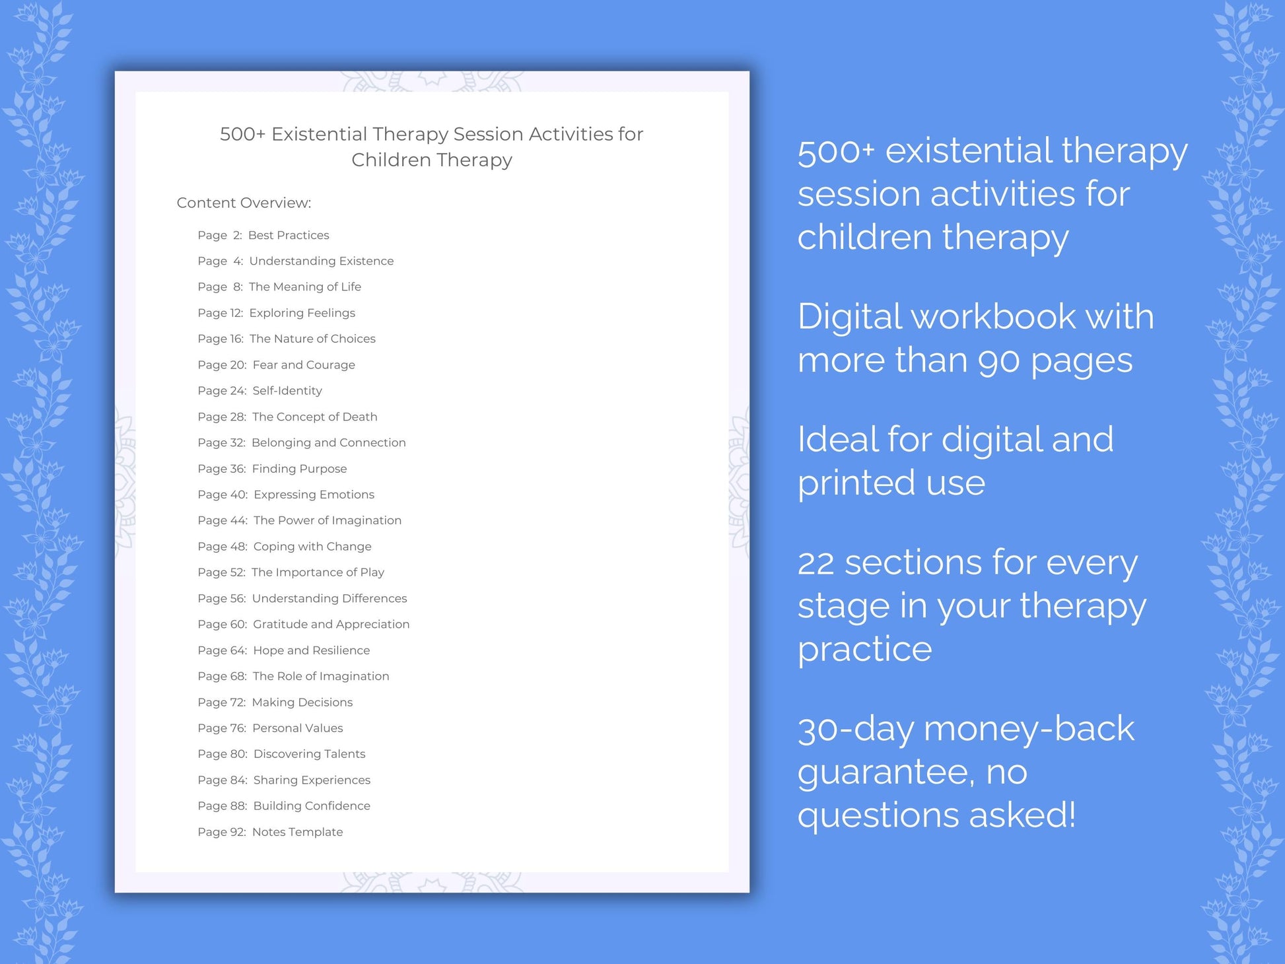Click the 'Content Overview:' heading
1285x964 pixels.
(244, 203)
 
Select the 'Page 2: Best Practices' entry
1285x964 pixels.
(263, 235)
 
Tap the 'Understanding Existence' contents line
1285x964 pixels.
(295, 261)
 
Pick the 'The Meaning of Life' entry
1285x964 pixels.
(279, 287)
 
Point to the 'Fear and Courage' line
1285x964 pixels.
(276, 364)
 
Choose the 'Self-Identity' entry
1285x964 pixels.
(260, 390)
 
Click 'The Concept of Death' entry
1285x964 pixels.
(287, 417)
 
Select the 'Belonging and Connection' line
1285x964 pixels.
(301, 442)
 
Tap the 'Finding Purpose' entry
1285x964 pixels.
(272, 469)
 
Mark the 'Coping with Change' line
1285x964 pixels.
(284, 547)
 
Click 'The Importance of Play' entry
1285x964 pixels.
(291, 572)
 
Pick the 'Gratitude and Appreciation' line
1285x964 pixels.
(303, 624)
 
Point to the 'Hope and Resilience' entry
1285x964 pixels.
(283, 650)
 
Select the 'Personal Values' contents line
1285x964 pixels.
(270, 728)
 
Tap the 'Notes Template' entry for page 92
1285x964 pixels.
(270, 832)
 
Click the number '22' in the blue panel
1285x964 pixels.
(817, 563)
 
